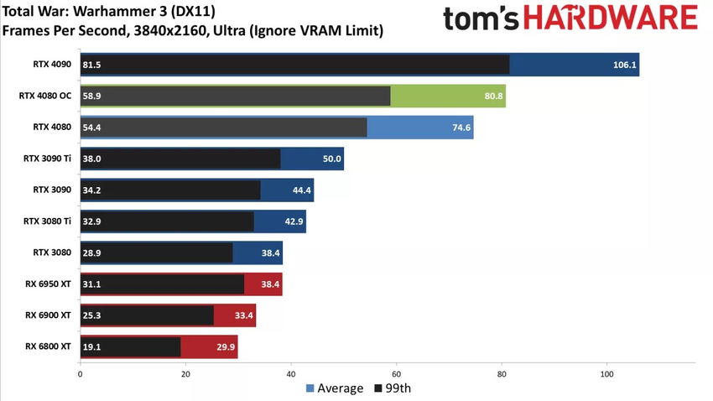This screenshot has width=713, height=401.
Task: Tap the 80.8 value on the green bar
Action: pos(494,96)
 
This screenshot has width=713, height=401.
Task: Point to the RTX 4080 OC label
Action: pos(45,96)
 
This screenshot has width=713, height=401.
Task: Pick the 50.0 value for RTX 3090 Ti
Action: pos(332,159)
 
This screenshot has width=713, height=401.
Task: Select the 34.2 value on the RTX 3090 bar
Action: pos(91,190)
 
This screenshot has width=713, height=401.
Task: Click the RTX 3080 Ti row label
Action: pos(48,221)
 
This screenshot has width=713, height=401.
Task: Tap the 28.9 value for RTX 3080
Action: pos(91,253)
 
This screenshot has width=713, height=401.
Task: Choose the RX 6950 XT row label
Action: pos(48,284)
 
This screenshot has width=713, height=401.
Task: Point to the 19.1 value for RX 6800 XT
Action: pos(91,346)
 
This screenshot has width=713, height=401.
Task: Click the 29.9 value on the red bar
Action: pos(226,346)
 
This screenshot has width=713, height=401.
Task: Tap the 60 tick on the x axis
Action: pos(396,373)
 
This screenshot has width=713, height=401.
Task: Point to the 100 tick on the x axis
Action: pos(607,373)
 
